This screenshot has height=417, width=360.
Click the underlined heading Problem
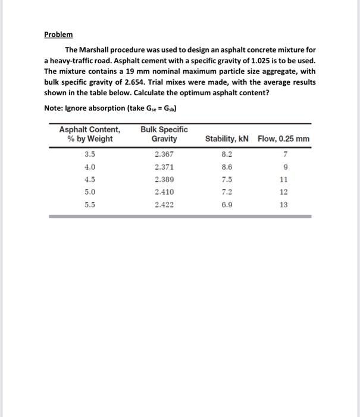[x=58, y=34]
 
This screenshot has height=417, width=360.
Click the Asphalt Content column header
[x=90, y=134]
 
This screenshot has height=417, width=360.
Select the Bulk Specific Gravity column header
[x=164, y=134]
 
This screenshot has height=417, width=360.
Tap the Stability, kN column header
[x=227, y=139]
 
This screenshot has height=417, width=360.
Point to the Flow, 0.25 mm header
[x=284, y=139]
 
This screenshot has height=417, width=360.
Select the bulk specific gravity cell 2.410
[x=165, y=192]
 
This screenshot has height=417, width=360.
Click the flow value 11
[x=283, y=179]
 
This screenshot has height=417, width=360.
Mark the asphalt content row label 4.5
[x=90, y=179]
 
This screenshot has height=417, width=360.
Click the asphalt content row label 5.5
[x=90, y=204]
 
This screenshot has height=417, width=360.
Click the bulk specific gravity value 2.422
[x=165, y=204]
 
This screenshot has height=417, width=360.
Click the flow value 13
[x=283, y=204]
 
